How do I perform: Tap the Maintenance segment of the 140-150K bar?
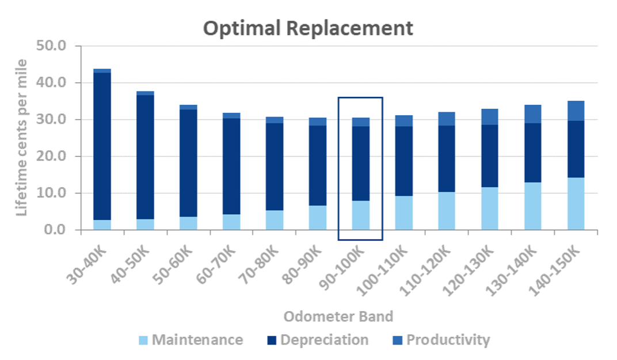click(576, 203)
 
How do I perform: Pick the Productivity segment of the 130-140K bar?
click(533, 114)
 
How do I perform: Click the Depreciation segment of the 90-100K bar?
click(360, 163)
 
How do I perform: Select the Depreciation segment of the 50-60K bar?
click(188, 163)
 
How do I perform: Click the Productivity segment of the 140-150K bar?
click(576, 111)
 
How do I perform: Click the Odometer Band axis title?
click(338, 316)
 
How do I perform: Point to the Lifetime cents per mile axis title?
click(21, 137)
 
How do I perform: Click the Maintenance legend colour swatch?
click(144, 340)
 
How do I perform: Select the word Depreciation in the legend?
click(324, 340)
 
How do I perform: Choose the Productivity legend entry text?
click(448, 340)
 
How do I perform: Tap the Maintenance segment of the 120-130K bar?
click(490, 209)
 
